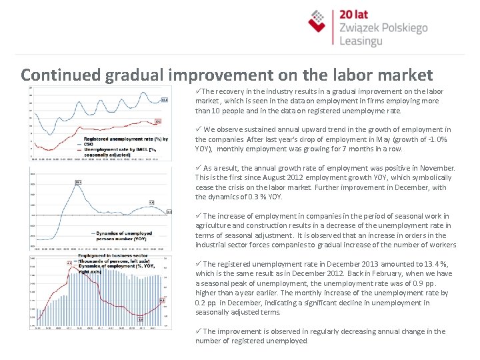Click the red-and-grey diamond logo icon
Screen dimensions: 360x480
click(x=321, y=21)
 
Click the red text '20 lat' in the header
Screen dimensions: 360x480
click(x=355, y=15)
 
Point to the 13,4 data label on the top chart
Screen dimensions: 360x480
click(x=165, y=100)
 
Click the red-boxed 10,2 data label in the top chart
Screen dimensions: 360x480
click(x=158, y=121)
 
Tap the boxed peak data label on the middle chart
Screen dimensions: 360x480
click(x=78, y=182)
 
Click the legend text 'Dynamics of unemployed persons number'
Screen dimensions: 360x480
click(x=120, y=235)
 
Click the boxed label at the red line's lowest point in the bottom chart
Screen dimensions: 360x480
click(x=140, y=319)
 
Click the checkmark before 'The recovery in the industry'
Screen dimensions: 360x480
click(x=198, y=91)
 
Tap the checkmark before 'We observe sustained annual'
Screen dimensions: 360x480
click(x=198, y=129)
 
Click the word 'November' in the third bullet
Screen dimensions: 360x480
click(x=437, y=168)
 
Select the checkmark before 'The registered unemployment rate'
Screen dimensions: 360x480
click(x=198, y=264)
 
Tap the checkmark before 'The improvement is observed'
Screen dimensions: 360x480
click(x=198, y=331)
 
